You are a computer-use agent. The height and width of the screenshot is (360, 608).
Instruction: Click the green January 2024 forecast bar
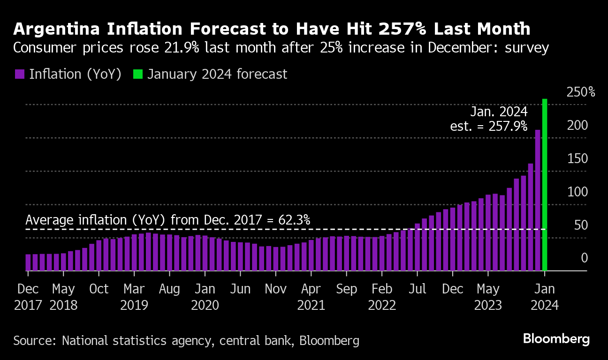545,185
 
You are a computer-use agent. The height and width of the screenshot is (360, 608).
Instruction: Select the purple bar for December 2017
28,262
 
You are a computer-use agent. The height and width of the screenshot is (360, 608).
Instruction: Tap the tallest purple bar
538,200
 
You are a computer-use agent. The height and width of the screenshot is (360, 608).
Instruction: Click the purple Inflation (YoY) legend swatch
19,74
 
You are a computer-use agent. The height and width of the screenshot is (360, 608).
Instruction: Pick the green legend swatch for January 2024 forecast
137,74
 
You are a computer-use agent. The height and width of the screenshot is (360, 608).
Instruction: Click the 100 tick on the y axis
578,192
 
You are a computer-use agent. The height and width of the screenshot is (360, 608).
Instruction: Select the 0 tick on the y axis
584,258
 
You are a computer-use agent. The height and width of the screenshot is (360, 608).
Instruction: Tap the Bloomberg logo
556,339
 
